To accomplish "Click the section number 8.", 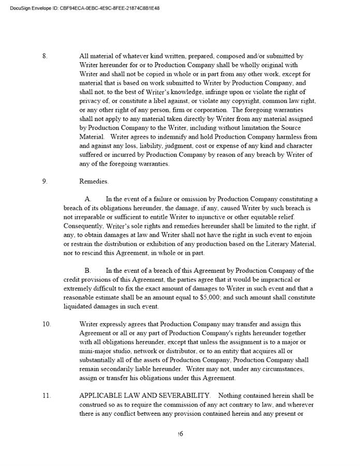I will click(45, 56).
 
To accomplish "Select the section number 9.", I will click(45, 182).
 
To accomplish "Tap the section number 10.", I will click(47, 325).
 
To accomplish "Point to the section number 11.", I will click(47, 396).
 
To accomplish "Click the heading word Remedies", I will click(94, 182).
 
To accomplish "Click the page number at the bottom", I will click(180, 434).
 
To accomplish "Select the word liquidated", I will click(79, 307).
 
